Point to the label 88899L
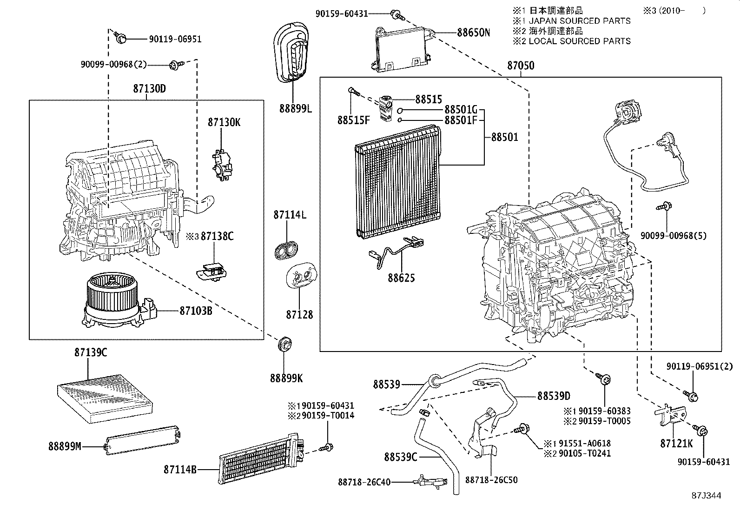(296, 108)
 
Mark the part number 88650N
(474, 33)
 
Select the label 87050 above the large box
(521, 66)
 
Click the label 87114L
(290, 215)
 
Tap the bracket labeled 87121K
(672, 413)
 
